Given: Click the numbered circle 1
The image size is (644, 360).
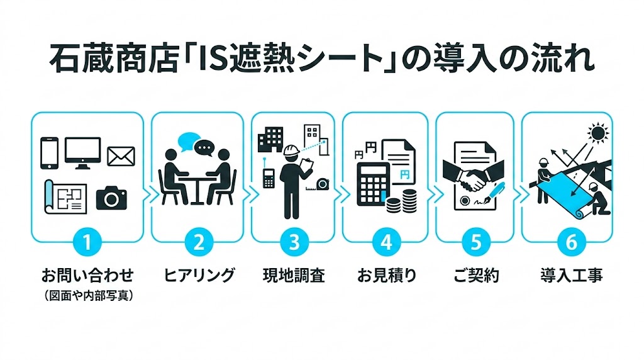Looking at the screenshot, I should pos(88,242).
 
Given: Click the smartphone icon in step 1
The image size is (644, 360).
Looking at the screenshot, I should pos(50,153).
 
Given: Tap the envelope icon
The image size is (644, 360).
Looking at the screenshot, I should pos(121,156).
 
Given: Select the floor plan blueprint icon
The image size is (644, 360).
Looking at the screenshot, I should pos(66,196).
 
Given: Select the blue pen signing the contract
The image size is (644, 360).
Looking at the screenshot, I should pos(494,193).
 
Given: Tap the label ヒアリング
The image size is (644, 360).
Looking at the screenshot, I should pos(199,275).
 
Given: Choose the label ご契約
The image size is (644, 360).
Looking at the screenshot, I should pos(476,275).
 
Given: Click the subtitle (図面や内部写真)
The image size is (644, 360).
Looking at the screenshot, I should pos(88,295).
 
